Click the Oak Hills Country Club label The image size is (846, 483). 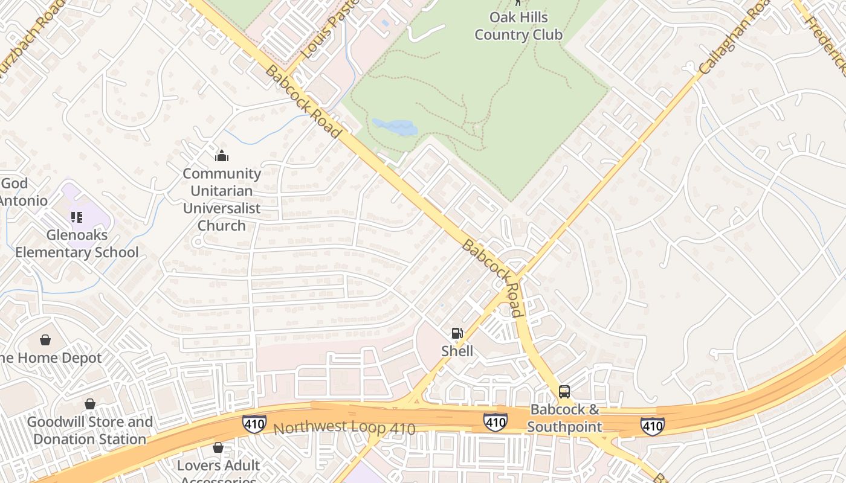click(518, 26)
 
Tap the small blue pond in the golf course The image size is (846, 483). click(395, 127)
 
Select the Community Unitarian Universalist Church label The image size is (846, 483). click(222, 199)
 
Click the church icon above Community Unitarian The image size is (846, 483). click(222, 156)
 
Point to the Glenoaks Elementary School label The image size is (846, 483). click(77, 243)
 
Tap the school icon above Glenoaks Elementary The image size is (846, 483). click(76, 217)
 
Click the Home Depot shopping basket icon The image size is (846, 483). click(45, 340)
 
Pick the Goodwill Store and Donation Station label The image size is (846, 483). click(89, 430)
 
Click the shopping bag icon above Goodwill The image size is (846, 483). click(90, 403)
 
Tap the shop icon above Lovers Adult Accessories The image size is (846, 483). click(218, 447)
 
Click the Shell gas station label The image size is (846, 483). click(457, 351)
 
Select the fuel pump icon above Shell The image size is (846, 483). click(457, 333)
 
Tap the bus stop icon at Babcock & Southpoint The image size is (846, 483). click(564, 391)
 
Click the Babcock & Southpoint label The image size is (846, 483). click(564, 418)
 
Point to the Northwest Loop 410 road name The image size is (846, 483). click(344, 428)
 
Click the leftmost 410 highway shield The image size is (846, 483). click(254, 423)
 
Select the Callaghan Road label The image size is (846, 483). click(735, 37)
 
